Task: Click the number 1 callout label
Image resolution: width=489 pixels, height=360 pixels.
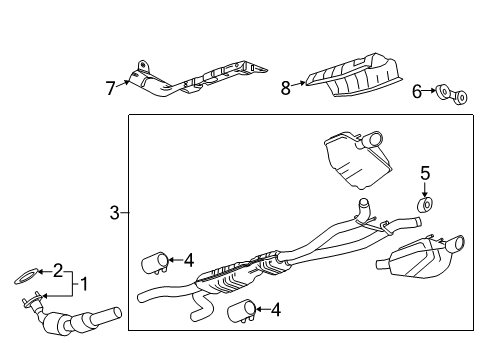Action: (x=84, y=285)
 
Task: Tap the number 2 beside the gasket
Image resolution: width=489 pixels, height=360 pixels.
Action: (x=58, y=270)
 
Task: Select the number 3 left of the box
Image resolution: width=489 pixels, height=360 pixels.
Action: (x=114, y=212)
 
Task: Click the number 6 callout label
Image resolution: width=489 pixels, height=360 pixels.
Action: (x=417, y=91)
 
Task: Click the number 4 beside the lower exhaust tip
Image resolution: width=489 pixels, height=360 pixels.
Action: (x=275, y=310)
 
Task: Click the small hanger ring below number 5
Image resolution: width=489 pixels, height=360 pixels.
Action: (x=424, y=205)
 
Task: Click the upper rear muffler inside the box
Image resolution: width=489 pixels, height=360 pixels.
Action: (x=349, y=158)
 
